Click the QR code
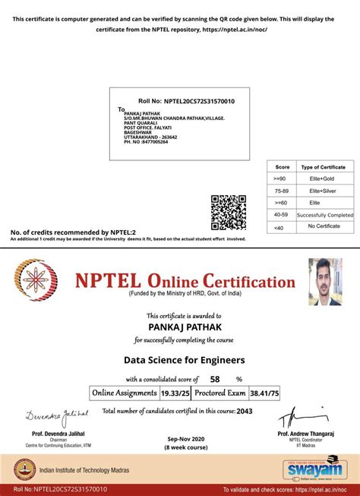pos(229,212)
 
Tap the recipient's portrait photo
pos(325,281)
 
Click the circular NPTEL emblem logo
pos(38,282)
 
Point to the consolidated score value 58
pos(215,378)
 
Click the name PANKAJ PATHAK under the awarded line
pos(179,327)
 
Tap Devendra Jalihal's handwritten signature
pos(56,415)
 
